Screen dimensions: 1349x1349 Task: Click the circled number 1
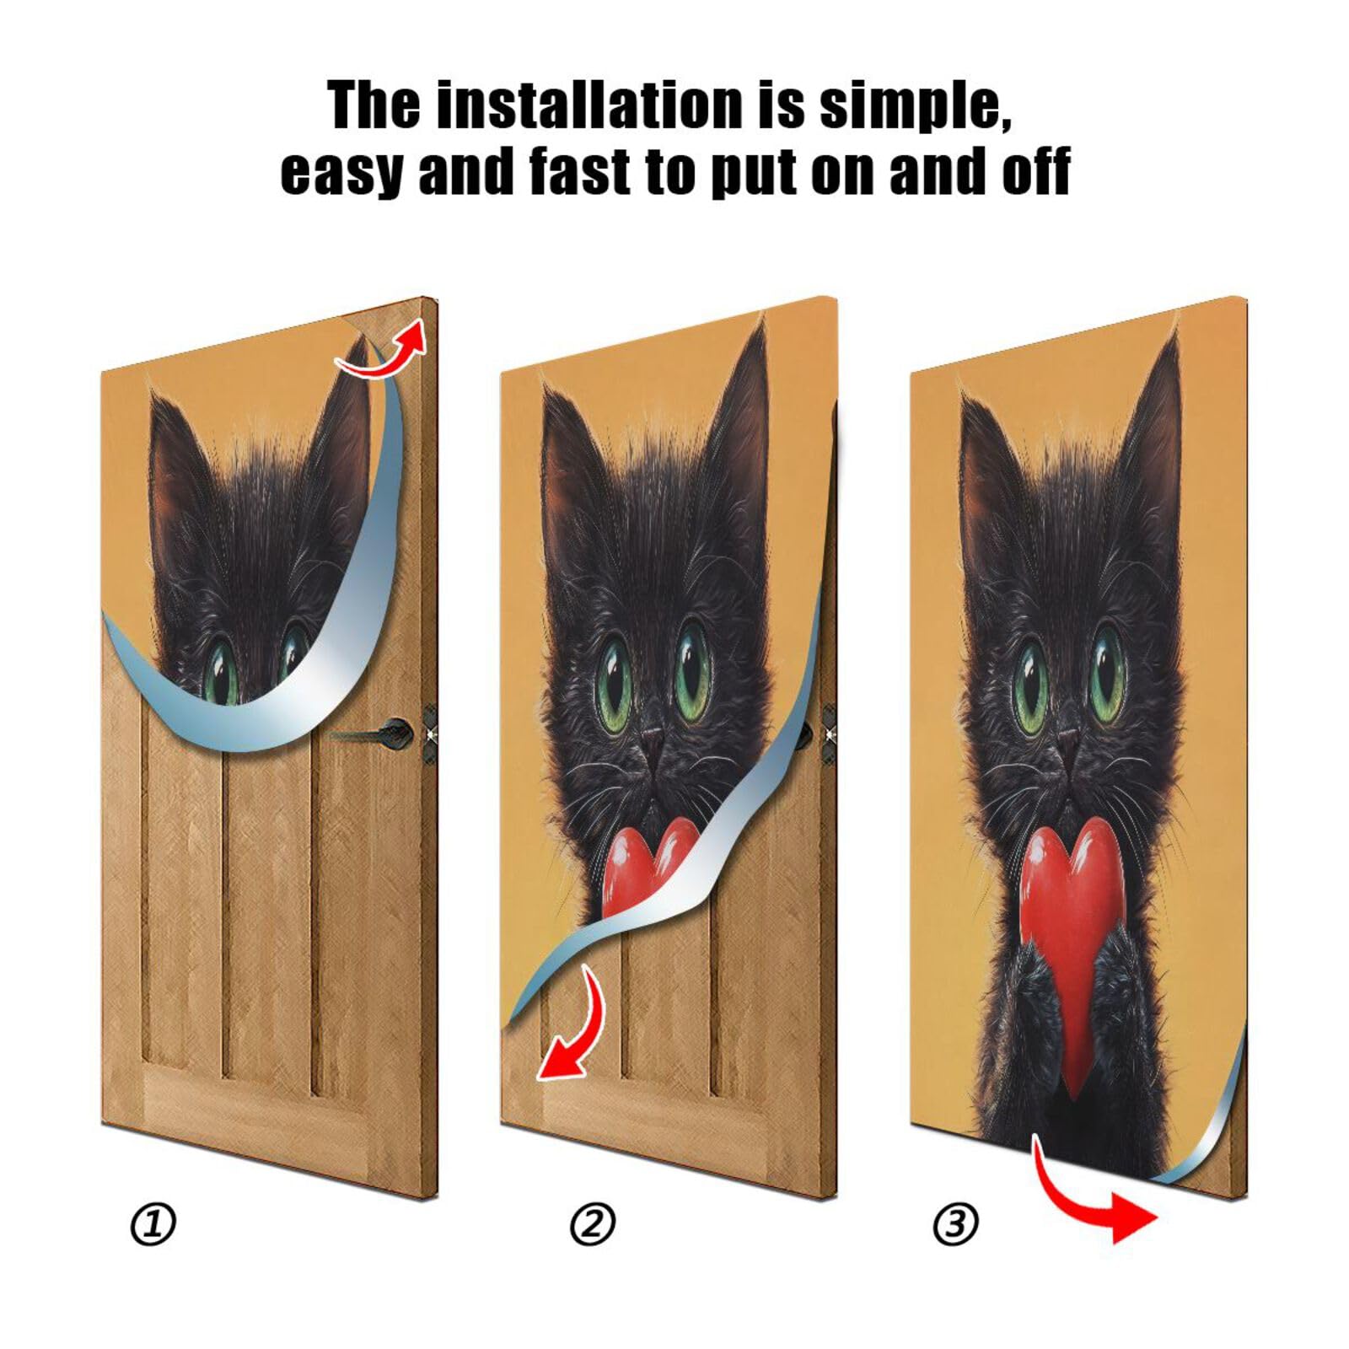point(153,1224)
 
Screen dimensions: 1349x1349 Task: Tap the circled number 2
point(593,1224)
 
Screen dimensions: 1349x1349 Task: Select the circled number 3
point(955,1224)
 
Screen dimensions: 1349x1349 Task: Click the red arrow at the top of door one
point(384,354)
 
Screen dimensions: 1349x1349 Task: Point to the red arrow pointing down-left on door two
point(573,1033)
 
